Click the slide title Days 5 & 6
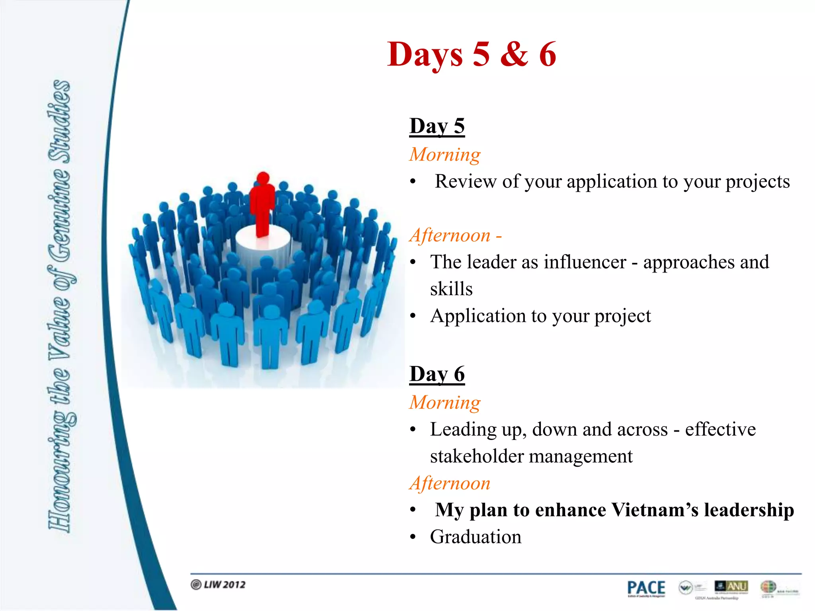(472, 54)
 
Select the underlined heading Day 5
(437, 126)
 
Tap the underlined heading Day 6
(437, 374)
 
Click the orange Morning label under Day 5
(445, 154)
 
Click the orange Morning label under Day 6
(445, 403)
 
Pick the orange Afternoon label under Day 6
(450, 483)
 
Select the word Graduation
(476, 537)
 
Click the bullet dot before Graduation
(413, 537)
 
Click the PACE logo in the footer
(646, 588)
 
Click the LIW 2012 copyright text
(218, 584)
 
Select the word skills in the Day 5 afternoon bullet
(451, 289)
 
